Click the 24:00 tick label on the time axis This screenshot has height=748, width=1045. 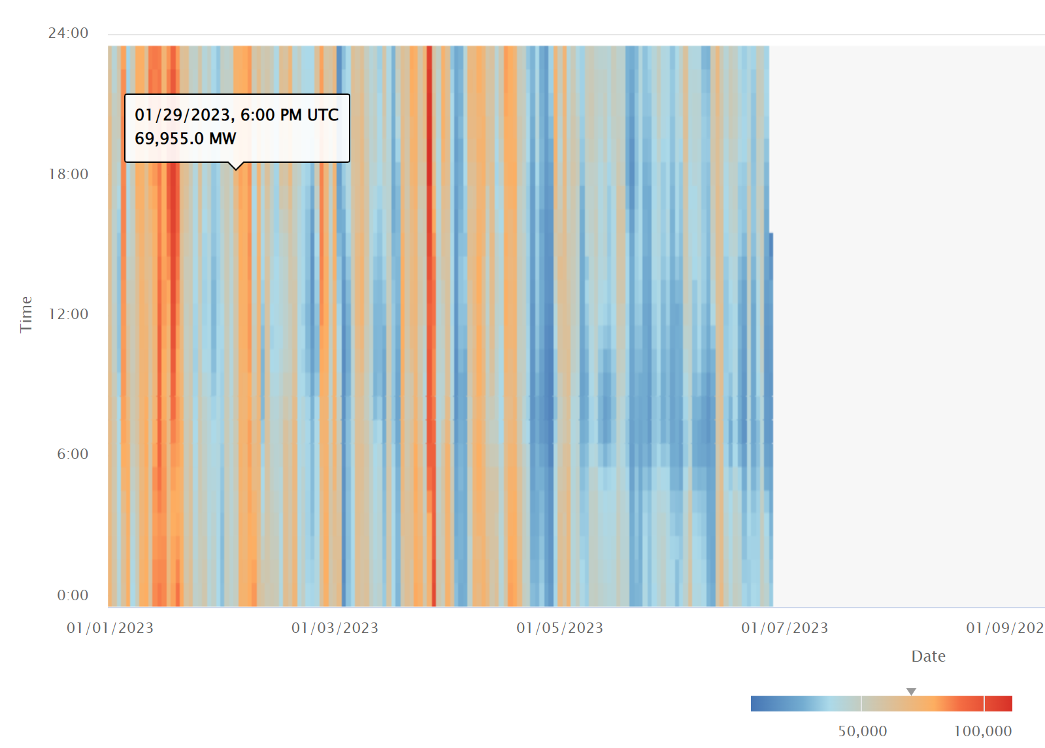[x=68, y=33]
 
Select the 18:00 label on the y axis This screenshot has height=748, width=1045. [x=68, y=175]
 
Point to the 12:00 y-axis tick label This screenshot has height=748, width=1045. [x=68, y=314]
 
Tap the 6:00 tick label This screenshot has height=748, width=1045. [x=72, y=454]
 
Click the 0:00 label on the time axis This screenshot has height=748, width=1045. [x=72, y=596]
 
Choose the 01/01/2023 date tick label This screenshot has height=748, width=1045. [x=110, y=628]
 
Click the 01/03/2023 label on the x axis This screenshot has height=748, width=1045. [x=335, y=628]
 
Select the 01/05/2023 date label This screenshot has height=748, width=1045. [x=559, y=628]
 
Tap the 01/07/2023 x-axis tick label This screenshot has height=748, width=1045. [x=784, y=628]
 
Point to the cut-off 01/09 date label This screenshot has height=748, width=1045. [x=1004, y=628]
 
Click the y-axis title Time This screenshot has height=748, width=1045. [x=26, y=314]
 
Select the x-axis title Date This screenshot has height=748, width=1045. [x=928, y=656]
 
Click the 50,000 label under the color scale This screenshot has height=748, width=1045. [x=862, y=731]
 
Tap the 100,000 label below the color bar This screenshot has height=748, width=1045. [x=982, y=731]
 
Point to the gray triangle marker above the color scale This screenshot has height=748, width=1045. [x=911, y=691]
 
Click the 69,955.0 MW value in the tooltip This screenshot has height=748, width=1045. [x=185, y=139]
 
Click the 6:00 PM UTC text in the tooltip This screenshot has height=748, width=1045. [x=290, y=115]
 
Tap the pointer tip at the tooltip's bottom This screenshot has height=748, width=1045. [x=237, y=169]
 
